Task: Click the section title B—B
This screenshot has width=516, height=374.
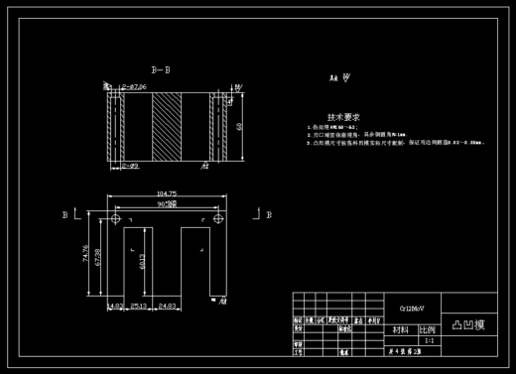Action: point(160,70)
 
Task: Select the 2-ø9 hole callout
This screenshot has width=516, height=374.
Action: point(128,166)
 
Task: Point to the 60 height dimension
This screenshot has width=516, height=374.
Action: point(239,125)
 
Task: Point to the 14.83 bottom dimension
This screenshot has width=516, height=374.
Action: point(114,307)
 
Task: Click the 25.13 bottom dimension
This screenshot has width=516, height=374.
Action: point(138,307)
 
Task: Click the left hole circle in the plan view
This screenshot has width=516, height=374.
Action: point(116,218)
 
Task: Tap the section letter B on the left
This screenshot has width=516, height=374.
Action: point(65,213)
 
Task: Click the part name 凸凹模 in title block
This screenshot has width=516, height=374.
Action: point(468,324)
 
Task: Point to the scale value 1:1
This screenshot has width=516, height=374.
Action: point(429,340)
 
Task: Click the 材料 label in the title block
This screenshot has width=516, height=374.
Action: point(401,329)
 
